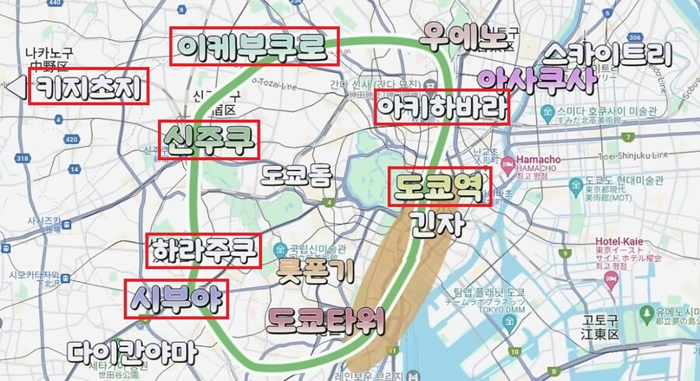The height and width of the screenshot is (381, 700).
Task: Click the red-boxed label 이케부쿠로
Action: click(255, 46)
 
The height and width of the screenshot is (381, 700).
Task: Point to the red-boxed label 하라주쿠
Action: click(203, 250)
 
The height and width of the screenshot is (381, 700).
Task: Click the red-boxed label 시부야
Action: click(178, 299)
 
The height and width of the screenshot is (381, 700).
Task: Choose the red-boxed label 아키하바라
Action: click(441, 107)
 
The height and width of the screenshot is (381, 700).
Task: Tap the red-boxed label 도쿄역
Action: click(440, 187)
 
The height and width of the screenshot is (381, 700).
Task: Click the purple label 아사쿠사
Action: click(536, 78)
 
